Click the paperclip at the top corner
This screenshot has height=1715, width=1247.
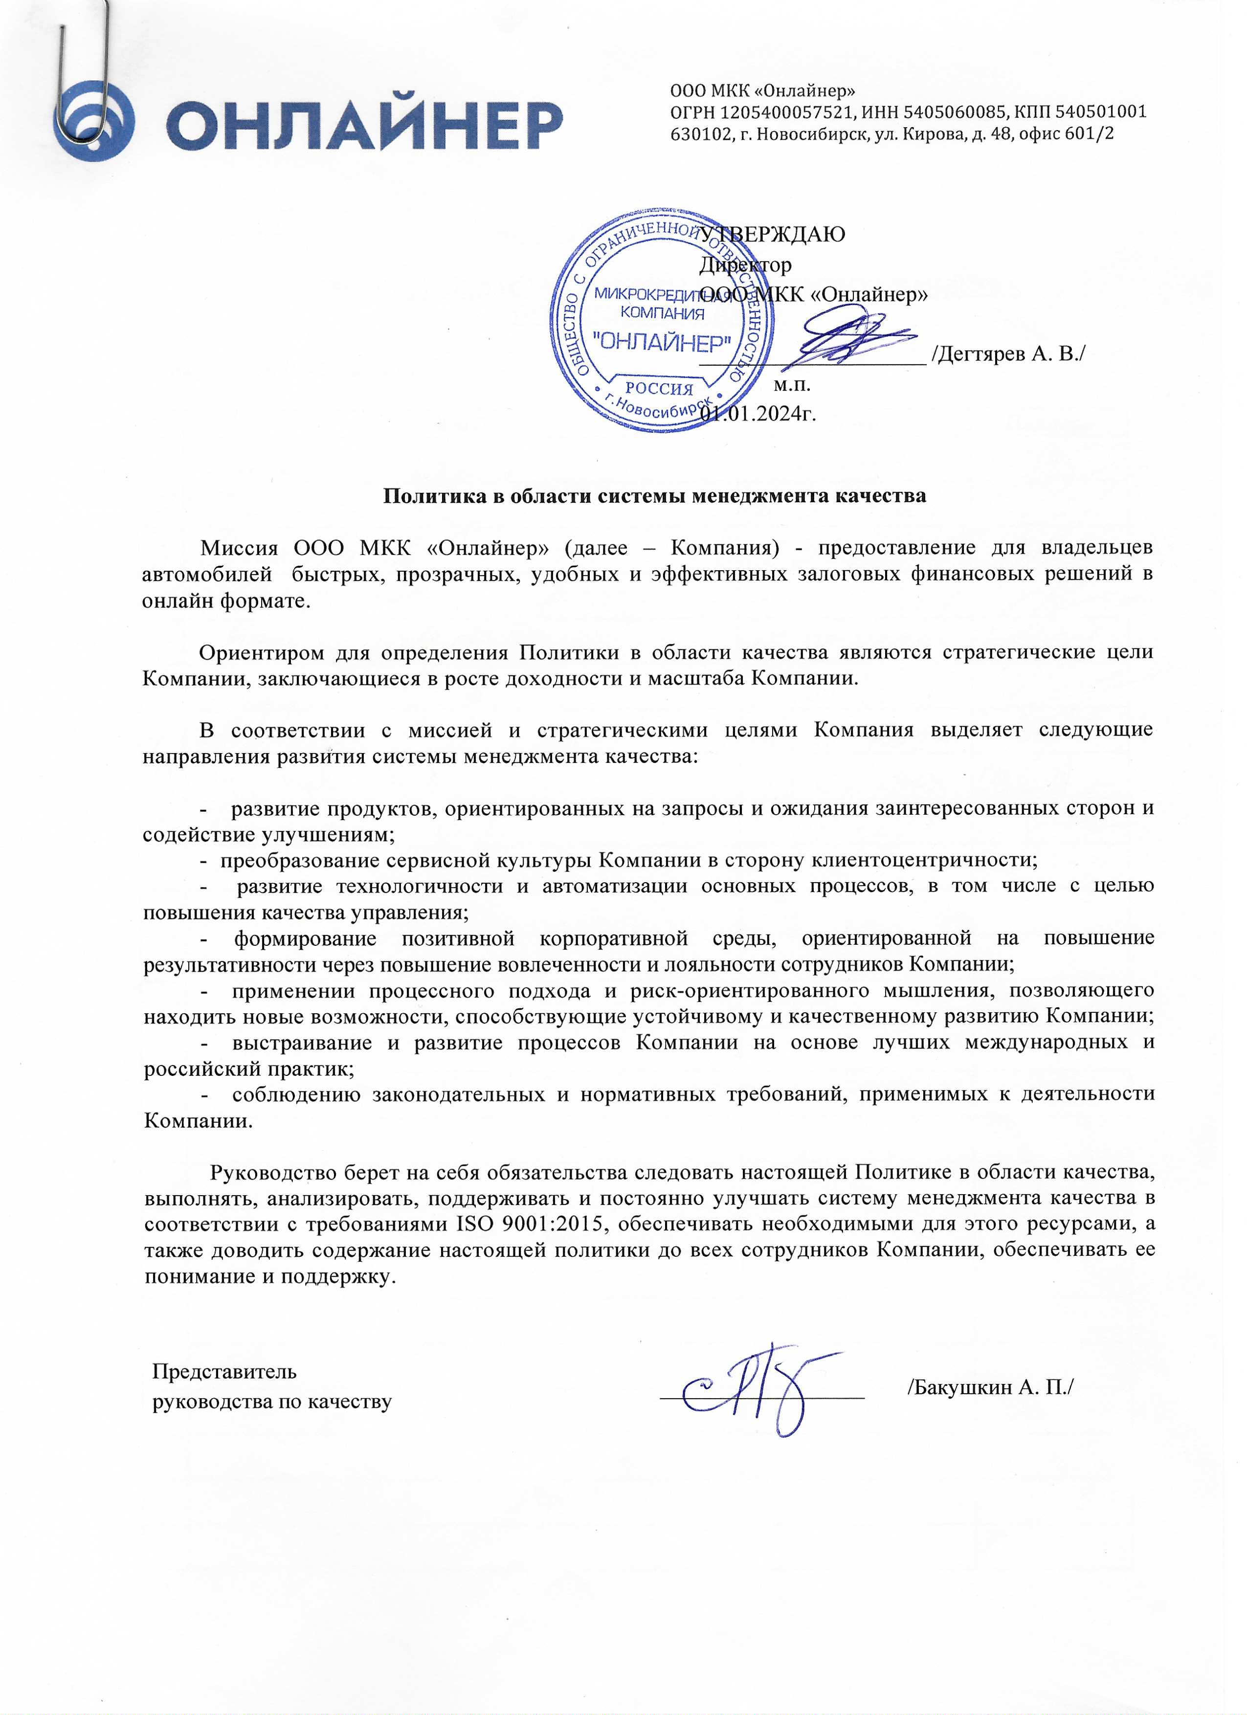point(83,76)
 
